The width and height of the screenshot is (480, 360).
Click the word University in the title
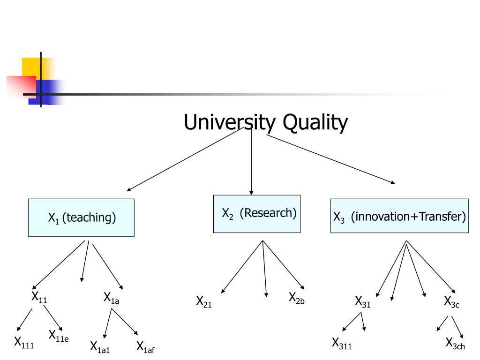point(230,122)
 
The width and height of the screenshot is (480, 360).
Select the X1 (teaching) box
point(81,217)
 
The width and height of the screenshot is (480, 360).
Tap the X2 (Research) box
point(257,214)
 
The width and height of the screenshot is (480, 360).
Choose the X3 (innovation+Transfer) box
point(399,216)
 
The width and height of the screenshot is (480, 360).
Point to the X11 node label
point(39,297)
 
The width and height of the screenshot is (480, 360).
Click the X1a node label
point(111,298)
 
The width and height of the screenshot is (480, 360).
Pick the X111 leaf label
point(24,343)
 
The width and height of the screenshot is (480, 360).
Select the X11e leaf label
point(59,336)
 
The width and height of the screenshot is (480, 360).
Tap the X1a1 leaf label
point(100,347)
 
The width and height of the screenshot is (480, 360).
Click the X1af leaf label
point(145,347)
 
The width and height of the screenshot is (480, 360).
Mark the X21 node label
point(204,301)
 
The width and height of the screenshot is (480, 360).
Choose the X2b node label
point(297,298)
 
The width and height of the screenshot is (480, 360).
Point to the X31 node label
point(363,301)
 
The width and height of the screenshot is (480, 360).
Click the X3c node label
point(452,301)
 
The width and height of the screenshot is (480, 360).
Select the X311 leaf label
point(342,344)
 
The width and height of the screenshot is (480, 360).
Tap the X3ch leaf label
point(455,344)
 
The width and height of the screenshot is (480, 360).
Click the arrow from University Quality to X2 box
point(251,161)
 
